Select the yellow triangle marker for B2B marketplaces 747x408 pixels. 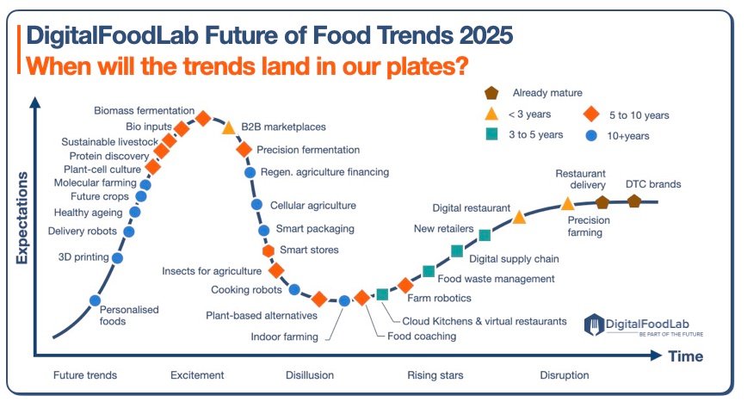tap(229, 128)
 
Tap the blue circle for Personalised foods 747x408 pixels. tap(96, 300)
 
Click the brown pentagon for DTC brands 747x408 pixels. tap(634, 201)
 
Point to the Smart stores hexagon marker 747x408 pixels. tap(269, 251)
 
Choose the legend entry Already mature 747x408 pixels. tap(547, 93)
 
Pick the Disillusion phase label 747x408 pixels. tap(310, 375)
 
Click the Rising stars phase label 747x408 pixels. tap(435, 375)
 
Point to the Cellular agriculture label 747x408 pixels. tap(312, 206)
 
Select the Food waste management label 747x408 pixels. tap(496, 279)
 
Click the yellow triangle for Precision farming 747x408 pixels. tap(568, 204)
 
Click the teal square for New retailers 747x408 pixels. tap(485, 235)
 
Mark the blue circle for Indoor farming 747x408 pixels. tap(344, 300)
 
